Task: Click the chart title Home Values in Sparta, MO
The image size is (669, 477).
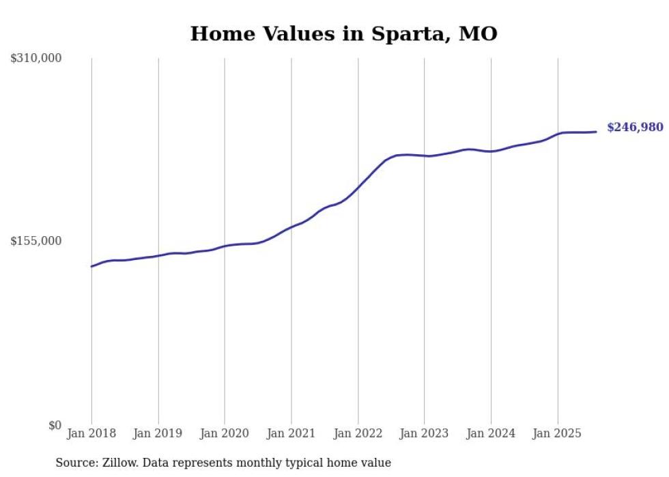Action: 343,33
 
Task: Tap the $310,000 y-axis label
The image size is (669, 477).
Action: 36,59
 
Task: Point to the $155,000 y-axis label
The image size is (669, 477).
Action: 36,241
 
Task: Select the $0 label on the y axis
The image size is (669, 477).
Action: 55,425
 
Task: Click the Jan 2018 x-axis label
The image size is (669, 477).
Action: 91,433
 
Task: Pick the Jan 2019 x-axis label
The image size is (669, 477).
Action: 158,433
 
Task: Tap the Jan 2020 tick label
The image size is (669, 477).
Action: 225,433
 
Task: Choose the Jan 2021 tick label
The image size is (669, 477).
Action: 291,433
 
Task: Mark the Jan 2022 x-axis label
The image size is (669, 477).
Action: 358,433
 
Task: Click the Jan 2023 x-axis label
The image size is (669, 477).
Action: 425,433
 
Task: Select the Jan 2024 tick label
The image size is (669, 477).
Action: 491,433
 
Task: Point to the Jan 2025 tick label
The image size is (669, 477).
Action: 558,433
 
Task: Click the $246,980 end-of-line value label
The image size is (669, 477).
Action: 635,127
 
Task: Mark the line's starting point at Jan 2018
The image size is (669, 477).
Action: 91,266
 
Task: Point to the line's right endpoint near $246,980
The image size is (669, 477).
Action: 597,132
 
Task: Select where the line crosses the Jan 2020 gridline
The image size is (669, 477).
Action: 225,246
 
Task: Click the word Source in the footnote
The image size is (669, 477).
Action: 74,463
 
